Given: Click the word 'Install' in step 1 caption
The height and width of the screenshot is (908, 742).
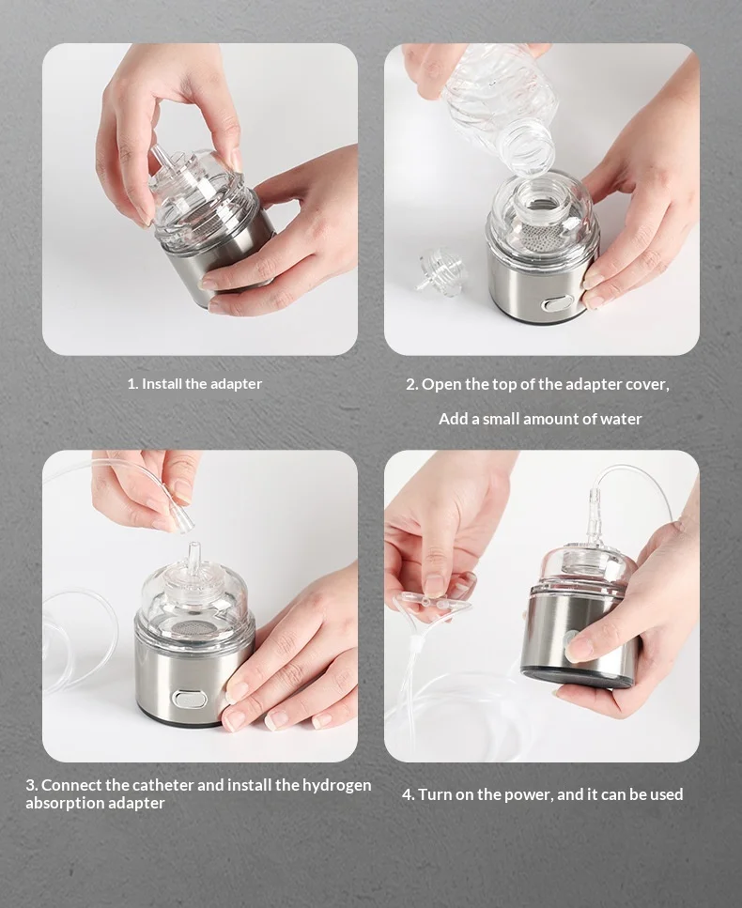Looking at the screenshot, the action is pos(162,384).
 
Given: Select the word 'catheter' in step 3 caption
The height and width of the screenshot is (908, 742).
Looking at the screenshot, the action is pos(164,785).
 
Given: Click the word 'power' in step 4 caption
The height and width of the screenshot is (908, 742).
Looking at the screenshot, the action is pos(527,794).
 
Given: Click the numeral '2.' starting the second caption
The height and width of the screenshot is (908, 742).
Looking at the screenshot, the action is pos(411,384).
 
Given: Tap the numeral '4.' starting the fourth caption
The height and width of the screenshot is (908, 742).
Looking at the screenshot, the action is pos(409,794).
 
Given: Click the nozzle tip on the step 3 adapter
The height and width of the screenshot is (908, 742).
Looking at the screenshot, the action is pos(193,546).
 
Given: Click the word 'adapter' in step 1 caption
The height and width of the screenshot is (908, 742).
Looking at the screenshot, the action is pos(236,384).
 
